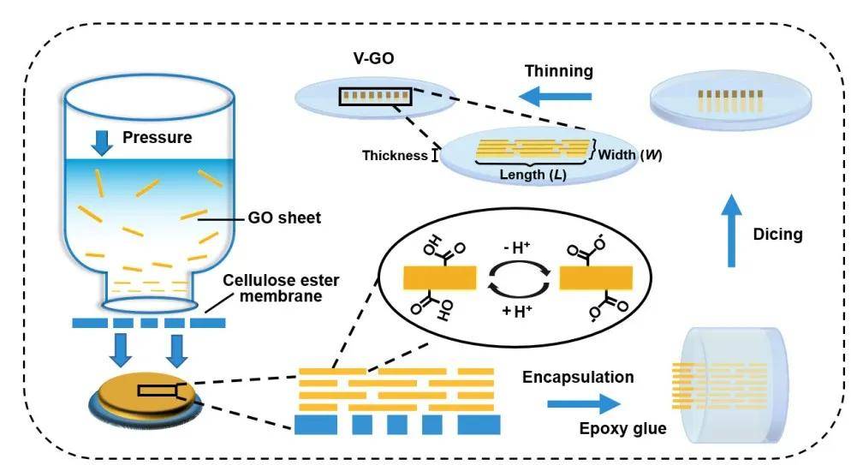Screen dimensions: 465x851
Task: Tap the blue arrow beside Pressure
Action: click(103, 142)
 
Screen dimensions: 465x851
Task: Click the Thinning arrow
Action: click(558, 98)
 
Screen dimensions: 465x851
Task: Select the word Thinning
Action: click(558, 70)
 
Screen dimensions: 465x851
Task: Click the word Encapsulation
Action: click(578, 377)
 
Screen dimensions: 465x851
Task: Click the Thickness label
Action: click(394, 155)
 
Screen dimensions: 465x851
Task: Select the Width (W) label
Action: click(630, 155)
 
